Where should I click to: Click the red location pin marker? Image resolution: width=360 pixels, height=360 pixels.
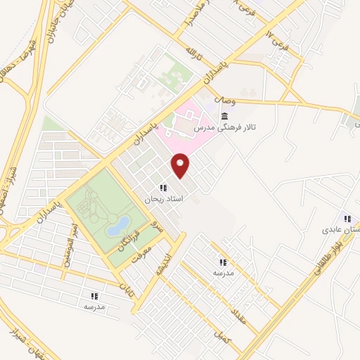tap(181, 165)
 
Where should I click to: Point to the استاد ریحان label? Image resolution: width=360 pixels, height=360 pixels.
tap(163, 200)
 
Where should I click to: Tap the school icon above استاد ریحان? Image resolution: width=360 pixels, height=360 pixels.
tap(163, 188)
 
